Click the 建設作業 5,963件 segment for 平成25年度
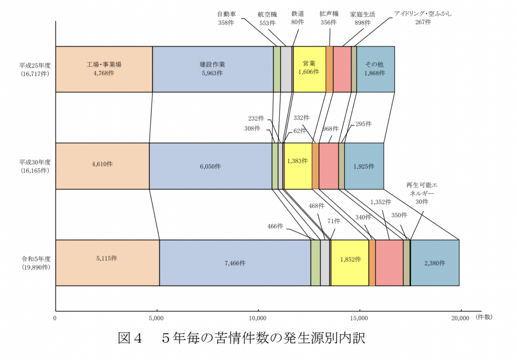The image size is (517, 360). (x=212, y=69)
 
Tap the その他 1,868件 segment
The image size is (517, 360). (x=375, y=69)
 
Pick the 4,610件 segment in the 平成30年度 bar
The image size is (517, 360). (x=102, y=166)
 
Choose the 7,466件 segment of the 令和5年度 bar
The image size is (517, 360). (x=235, y=263)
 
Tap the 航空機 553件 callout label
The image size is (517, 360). (x=267, y=19)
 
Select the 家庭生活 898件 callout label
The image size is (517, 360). (x=362, y=19)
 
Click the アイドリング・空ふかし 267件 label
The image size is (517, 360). (x=423, y=18)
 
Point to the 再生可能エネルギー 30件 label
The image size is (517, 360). (x=422, y=193)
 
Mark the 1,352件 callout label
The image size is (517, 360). (x=381, y=202)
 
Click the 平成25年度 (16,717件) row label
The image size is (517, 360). (x=35, y=69)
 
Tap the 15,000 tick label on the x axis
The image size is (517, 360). (x=359, y=318)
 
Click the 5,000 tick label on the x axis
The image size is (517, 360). (x=156, y=318)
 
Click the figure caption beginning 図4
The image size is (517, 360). (x=242, y=338)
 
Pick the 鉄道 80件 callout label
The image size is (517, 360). (x=298, y=19)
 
